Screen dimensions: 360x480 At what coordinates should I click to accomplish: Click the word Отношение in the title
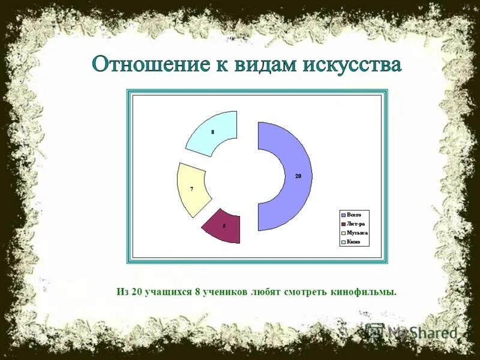click(x=146, y=64)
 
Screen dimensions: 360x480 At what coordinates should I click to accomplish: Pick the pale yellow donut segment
click(x=191, y=190)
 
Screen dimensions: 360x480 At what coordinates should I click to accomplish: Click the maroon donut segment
click(x=223, y=226)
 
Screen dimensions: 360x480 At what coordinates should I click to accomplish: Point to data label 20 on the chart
click(x=298, y=176)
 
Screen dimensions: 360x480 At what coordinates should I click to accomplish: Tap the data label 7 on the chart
click(x=191, y=189)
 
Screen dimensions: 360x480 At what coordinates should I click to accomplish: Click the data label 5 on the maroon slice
click(x=224, y=226)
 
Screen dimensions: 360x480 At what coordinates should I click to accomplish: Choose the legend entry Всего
click(x=354, y=215)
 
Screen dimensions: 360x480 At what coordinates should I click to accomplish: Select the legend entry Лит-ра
click(x=355, y=224)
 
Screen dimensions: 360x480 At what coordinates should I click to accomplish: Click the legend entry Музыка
click(x=357, y=233)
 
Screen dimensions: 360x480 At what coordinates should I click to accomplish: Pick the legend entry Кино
click(x=353, y=242)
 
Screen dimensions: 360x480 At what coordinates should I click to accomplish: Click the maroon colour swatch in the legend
click(x=343, y=224)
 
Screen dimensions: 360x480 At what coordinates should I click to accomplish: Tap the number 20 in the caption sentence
click(x=137, y=292)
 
